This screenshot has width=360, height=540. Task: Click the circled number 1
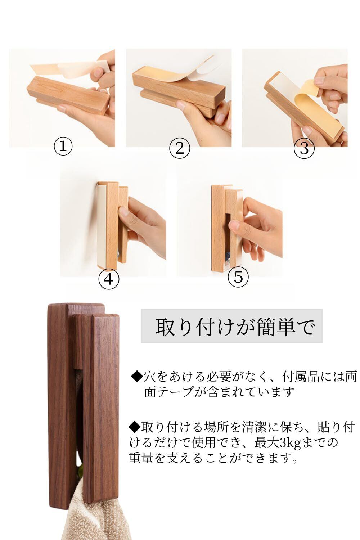pyautogui.click(x=63, y=146)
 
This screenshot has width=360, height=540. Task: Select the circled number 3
pyautogui.click(x=304, y=148)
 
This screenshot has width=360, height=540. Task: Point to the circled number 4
pyautogui.click(x=109, y=279)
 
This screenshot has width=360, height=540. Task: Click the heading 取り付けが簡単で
pyautogui.click(x=235, y=327)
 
